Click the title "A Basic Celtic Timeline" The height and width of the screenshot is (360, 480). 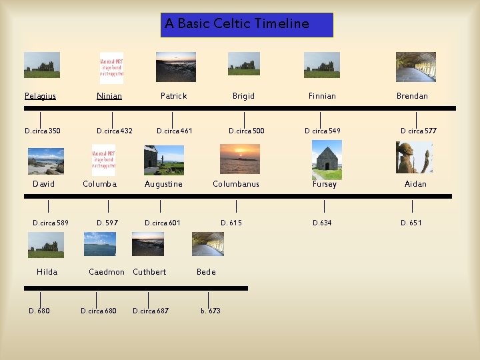[x=237, y=24]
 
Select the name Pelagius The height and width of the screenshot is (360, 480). [x=40, y=96]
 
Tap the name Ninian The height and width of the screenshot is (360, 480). [x=109, y=96]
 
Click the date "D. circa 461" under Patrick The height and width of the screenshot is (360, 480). [x=174, y=131]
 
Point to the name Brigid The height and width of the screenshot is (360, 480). [x=243, y=96]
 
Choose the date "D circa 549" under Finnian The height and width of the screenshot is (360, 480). [x=323, y=131]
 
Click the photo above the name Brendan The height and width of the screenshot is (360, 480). [x=415, y=67]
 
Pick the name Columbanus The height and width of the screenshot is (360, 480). [x=236, y=184]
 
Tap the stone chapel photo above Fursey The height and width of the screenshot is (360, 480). [x=327, y=161]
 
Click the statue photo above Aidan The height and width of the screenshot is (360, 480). [x=414, y=158]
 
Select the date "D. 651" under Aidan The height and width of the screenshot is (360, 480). [x=411, y=223]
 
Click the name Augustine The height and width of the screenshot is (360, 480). [x=163, y=184]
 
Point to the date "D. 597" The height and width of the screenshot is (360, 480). [x=107, y=223]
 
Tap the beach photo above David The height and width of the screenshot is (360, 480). [x=46, y=161]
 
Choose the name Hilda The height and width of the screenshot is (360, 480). [x=47, y=272]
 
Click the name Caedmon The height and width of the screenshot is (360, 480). [x=107, y=272]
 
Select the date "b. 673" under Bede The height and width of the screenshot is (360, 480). [x=211, y=311]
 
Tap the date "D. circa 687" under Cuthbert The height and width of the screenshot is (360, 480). [x=151, y=311]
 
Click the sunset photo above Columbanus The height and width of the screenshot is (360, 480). [x=240, y=159]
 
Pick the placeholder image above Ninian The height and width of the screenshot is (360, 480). [x=111, y=67]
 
